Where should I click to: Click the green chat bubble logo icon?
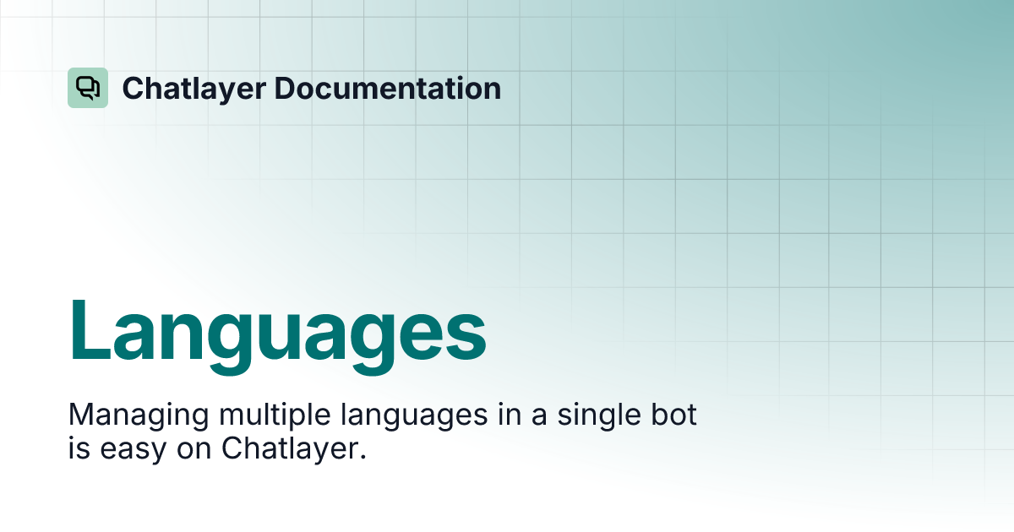[88, 88]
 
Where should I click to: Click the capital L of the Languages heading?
[90, 329]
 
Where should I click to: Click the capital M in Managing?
[81, 415]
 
